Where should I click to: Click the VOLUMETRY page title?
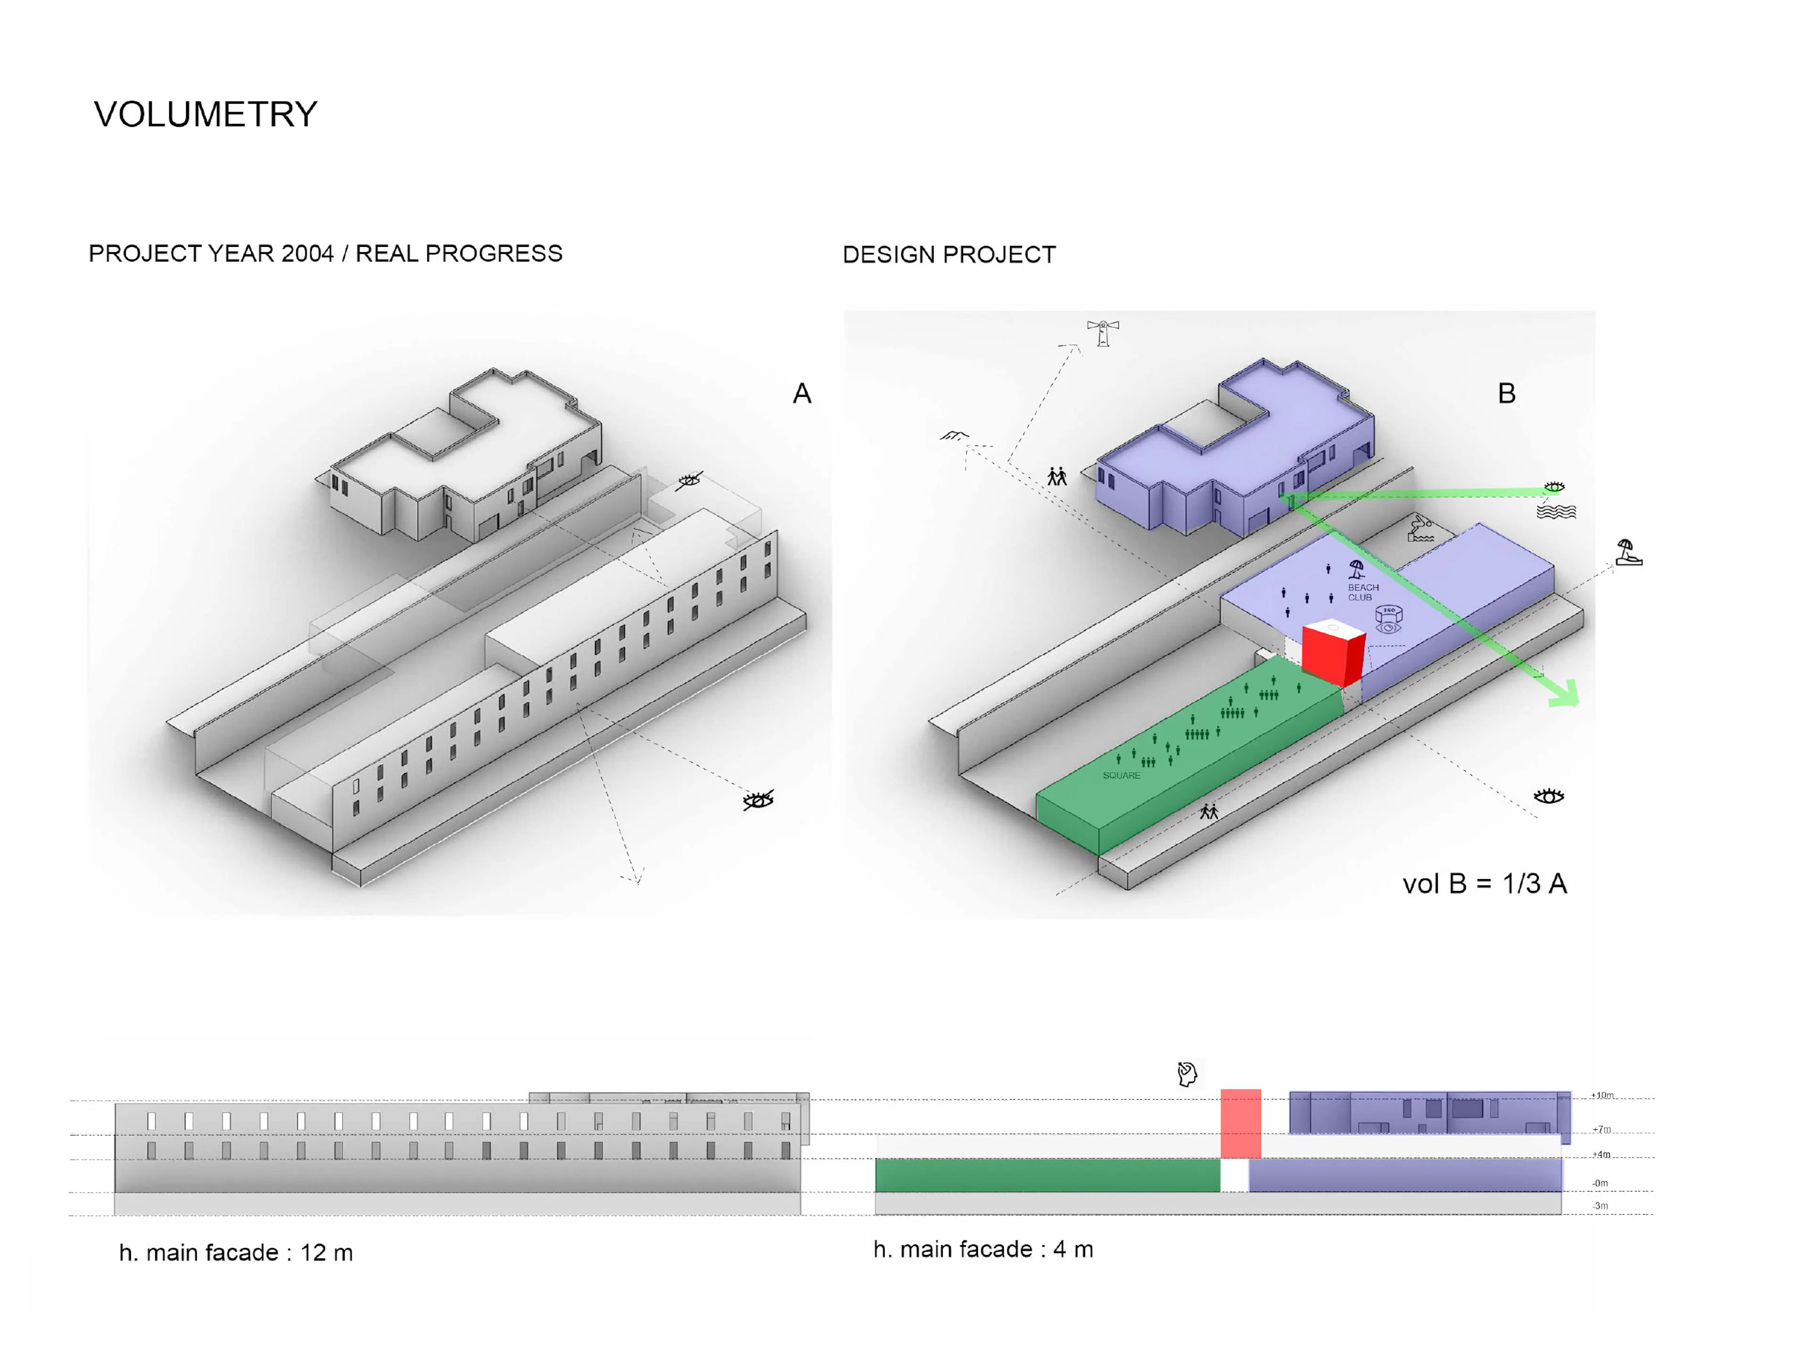pyautogui.click(x=205, y=114)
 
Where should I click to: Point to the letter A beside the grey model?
pyautogui.click(x=801, y=394)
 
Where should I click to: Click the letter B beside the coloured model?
pyautogui.click(x=1507, y=394)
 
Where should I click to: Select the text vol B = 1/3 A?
pyautogui.click(x=1484, y=884)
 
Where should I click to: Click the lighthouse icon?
pyautogui.click(x=1103, y=333)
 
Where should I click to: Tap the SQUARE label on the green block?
pyautogui.click(x=1121, y=775)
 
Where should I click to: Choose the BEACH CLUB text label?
pyautogui.click(x=1363, y=592)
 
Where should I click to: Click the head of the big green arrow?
pyautogui.click(x=1566, y=695)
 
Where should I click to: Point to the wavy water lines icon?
pyautogui.click(x=1556, y=512)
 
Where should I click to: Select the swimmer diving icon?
pyautogui.click(x=1420, y=528)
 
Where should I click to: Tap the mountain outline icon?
pyautogui.click(x=953, y=436)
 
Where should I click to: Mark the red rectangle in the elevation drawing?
pyautogui.click(x=1240, y=1123)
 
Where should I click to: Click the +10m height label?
pyautogui.click(x=1602, y=1095)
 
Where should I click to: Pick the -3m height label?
pyautogui.click(x=1600, y=1205)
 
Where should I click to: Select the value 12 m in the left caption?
pyautogui.click(x=326, y=1253)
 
